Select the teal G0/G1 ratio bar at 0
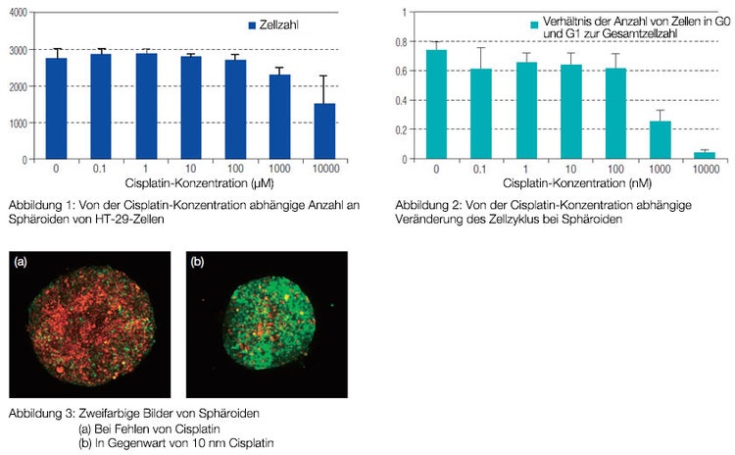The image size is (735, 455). click(436, 104)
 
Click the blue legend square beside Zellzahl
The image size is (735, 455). click(253, 24)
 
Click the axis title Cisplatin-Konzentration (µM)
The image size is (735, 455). click(184, 182)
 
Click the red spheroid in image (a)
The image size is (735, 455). click(90, 323)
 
